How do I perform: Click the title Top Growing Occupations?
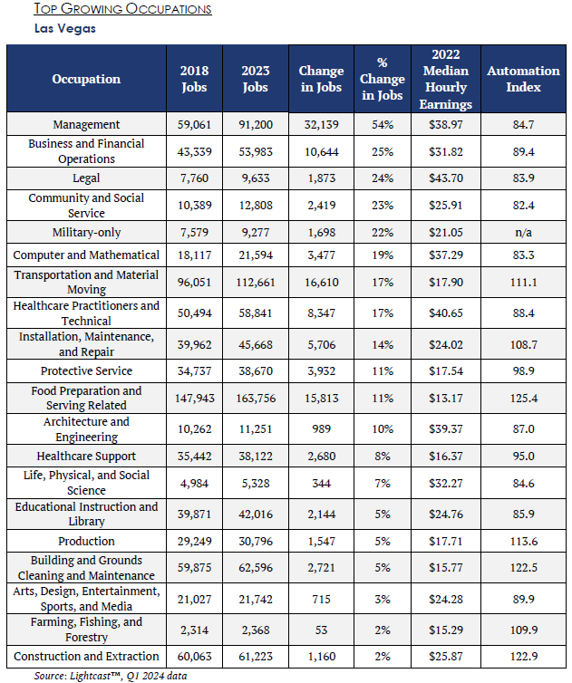pyautogui.click(x=123, y=9)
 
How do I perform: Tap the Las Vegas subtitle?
pyautogui.click(x=65, y=29)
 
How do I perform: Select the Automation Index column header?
pyautogui.click(x=523, y=79)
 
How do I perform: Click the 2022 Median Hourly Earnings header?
pyautogui.click(x=446, y=79)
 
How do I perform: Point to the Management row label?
pyautogui.click(x=86, y=125)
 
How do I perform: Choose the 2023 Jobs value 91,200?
pyautogui.click(x=256, y=125)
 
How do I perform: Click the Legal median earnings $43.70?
pyautogui.click(x=446, y=178)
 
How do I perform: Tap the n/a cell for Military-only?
pyautogui.click(x=523, y=232)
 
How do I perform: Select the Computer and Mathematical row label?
pyautogui.click(x=86, y=255)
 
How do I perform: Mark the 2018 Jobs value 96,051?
pyautogui.click(x=195, y=283)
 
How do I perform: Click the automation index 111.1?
pyautogui.click(x=523, y=283)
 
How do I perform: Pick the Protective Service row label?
pyautogui.click(x=86, y=371)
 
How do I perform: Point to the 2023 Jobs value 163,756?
pyautogui.click(x=256, y=399)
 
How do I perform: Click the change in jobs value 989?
pyautogui.click(x=321, y=429)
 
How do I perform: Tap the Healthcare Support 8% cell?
pyautogui.click(x=383, y=456)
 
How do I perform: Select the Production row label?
pyautogui.click(x=86, y=542)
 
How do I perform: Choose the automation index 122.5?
pyautogui.click(x=523, y=568)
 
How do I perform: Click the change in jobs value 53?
pyautogui.click(x=321, y=630)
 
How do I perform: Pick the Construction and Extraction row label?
pyautogui.click(x=86, y=657)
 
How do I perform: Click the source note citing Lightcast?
pyautogui.click(x=111, y=676)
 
